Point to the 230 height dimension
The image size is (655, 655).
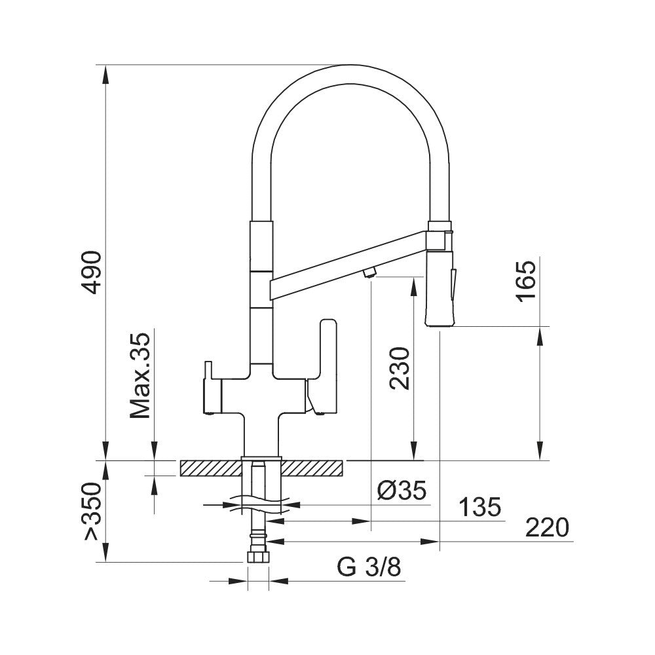tap(400, 368)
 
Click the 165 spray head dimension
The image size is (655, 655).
tap(526, 280)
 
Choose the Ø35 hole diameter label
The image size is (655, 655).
tap(402, 489)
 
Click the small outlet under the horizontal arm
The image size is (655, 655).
tap(369, 273)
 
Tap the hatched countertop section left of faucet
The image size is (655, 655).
tap(210, 468)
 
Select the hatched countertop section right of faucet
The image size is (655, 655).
tap(313, 468)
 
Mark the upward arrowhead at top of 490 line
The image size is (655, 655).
tap(105, 73)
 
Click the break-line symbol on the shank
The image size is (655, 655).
tap(262, 505)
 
